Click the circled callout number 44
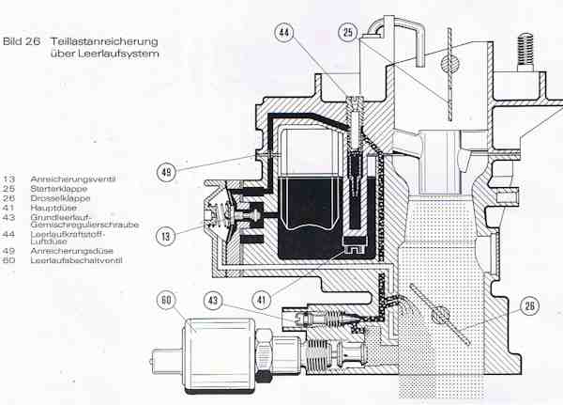[x=283, y=32]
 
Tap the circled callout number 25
[x=348, y=32]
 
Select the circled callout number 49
[x=167, y=172]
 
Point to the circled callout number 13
[x=165, y=236]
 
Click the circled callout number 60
[x=166, y=300]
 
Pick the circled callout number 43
[x=213, y=300]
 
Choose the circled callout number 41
[x=261, y=300]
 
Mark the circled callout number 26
[x=529, y=306]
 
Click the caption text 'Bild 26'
[x=22, y=41]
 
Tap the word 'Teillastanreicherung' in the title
[x=104, y=41]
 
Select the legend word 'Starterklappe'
[x=59, y=189]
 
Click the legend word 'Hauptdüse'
[x=53, y=208]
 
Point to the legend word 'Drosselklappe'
[x=60, y=198]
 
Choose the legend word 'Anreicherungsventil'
[x=73, y=179]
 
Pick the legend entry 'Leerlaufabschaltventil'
[x=77, y=260]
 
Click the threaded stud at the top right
[x=525, y=52]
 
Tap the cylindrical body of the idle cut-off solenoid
[x=219, y=354]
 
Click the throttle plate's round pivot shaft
[x=440, y=314]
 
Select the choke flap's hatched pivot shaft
[x=450, y=63]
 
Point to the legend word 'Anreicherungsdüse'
[x=72, y=251]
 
